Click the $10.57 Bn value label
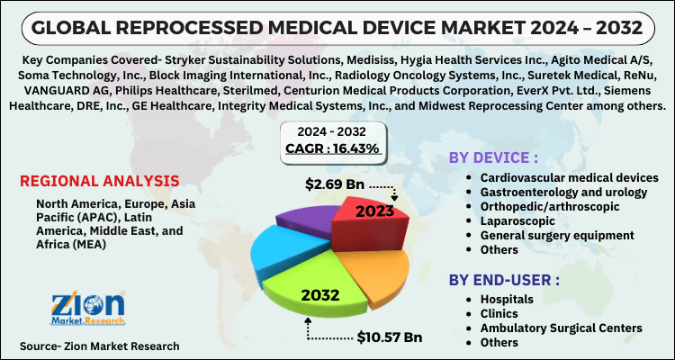pyautogui.click(x=388, y=337)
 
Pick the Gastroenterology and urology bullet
pyautogui.click(x=564, y=192)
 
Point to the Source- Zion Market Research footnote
pyautogui.click(x=99, y=346)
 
